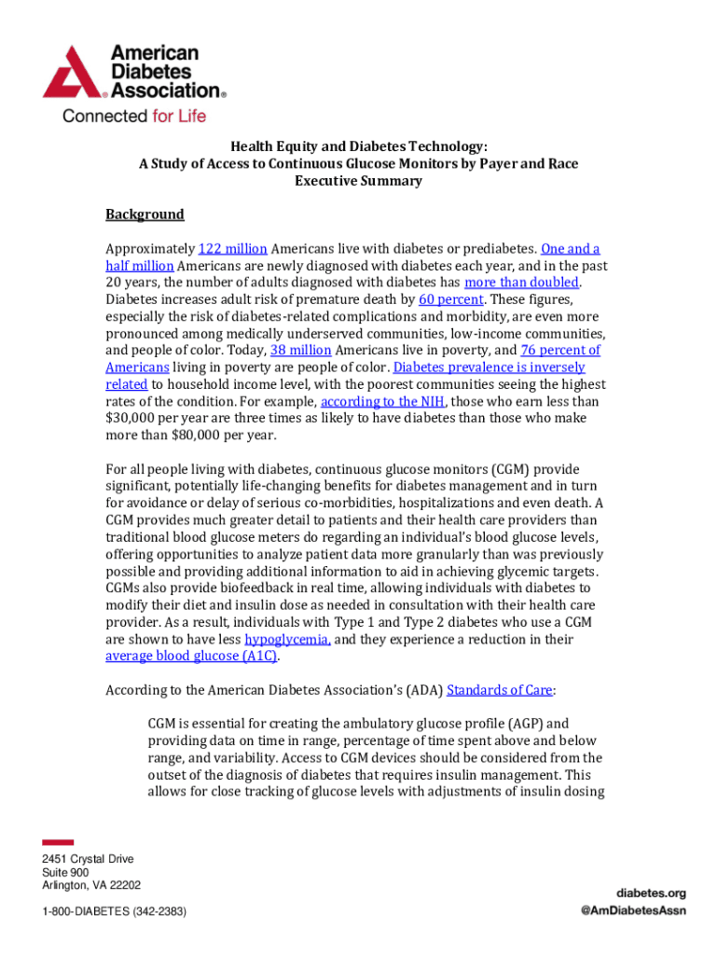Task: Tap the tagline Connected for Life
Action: [x=133, y=117]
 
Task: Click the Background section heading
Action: [x=145, y=215]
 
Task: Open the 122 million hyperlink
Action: [x=233, y=249]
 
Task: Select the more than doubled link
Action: [x=522, y=283]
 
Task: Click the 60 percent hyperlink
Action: [x=451, y=299]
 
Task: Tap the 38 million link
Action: [x=300, y=351]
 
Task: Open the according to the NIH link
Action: [x=381, y=401]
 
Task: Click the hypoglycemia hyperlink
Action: [x=287, y=639]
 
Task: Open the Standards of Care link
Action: [x=501, y=690]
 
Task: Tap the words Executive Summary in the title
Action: [x=358, y=181]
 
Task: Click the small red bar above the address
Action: [x=58, y=842]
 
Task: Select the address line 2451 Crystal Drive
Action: [x=88, y=859]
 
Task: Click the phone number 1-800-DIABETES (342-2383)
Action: [x=114, y=910]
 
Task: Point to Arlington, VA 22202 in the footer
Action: [x=90, y=885]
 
